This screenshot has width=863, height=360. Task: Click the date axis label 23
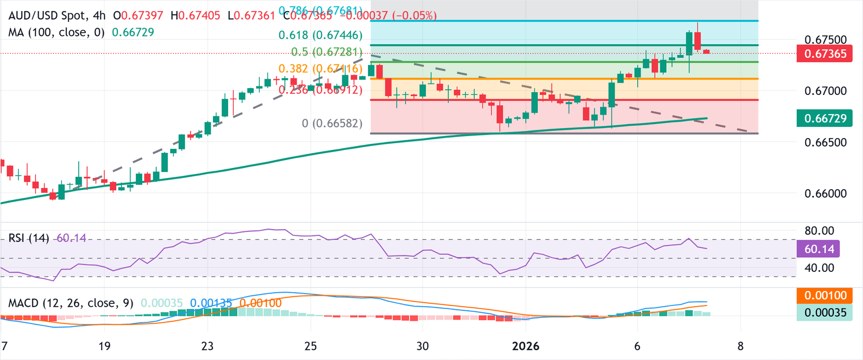(x=207, y=346)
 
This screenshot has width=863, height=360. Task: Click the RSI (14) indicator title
(x=30, y=238)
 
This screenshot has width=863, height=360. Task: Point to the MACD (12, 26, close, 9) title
(x=70, y=303)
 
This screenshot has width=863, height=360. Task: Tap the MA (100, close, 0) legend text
(x=56, y=32)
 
